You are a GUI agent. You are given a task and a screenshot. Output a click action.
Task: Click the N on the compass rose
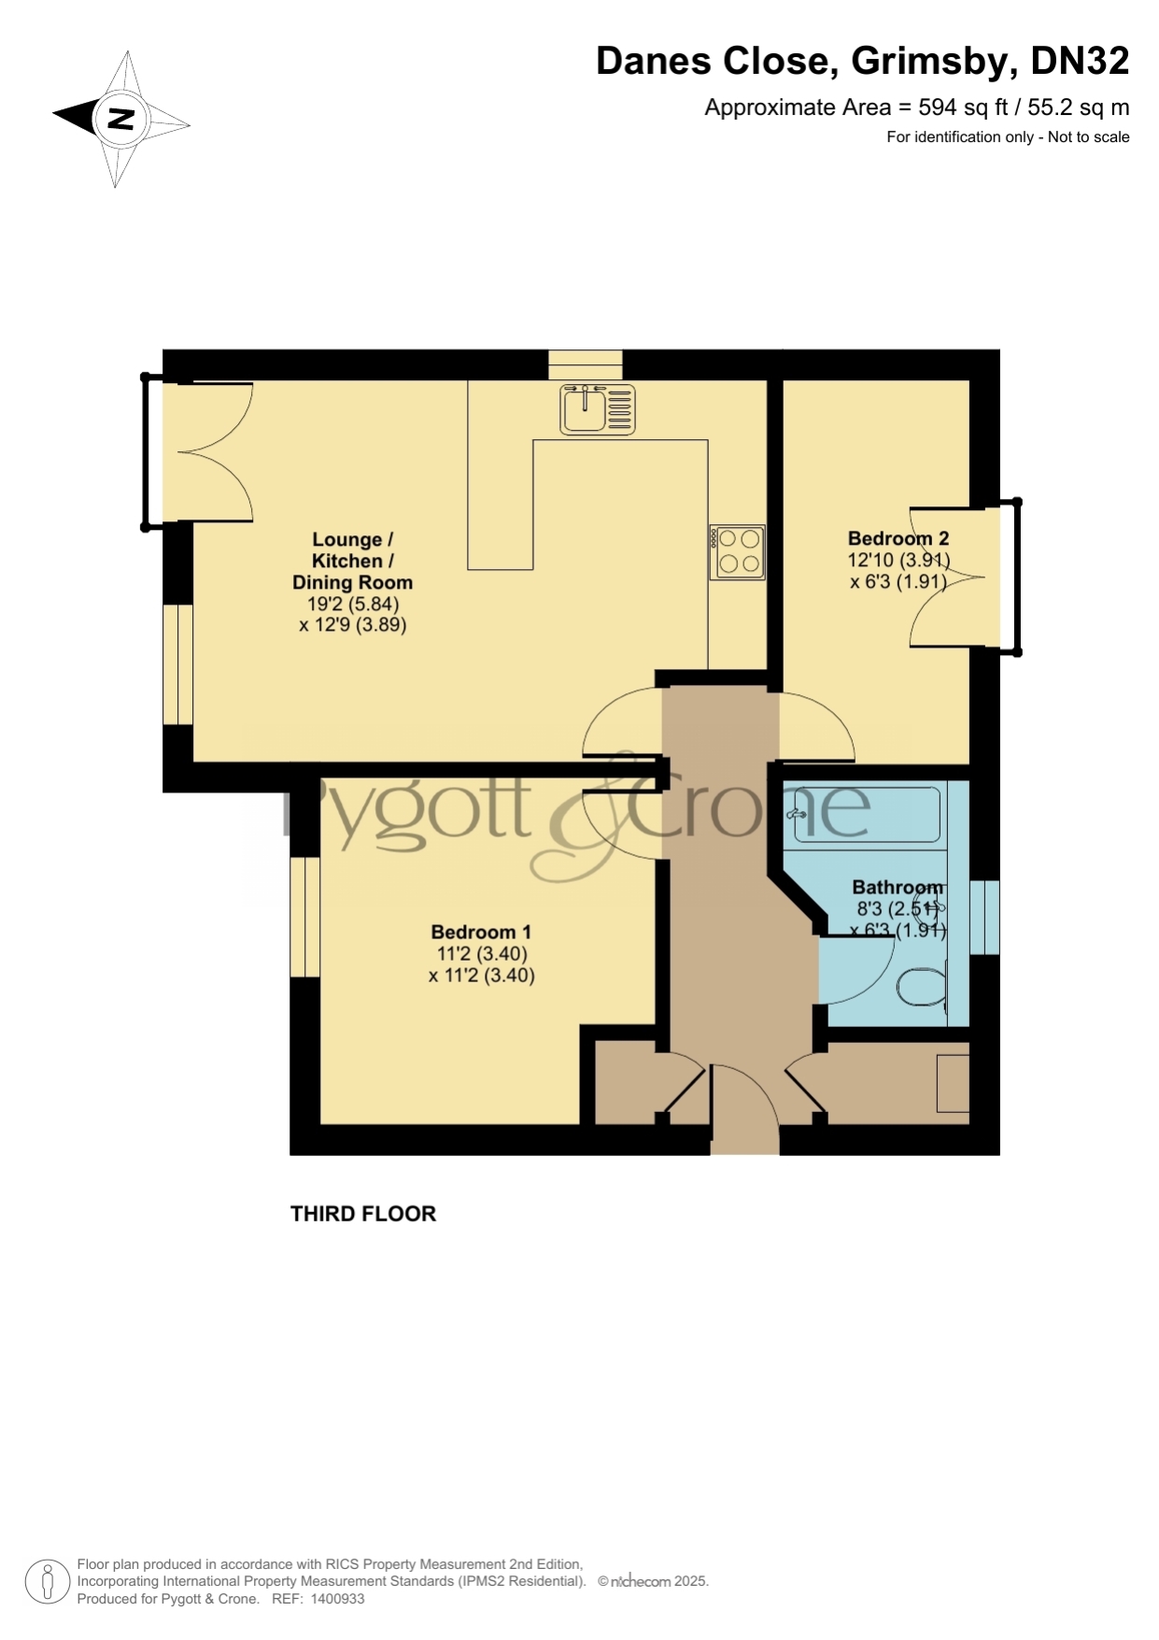point(120,119)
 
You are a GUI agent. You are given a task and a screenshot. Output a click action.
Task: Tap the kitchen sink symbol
point(598,409)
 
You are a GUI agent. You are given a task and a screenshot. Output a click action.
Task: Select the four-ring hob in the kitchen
point(738,551)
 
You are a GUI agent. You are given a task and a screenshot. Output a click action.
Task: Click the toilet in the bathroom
point(923,987)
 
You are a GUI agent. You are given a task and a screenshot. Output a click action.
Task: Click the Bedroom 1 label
point(481,932)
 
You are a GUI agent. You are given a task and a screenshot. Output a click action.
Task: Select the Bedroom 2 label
point(898,538)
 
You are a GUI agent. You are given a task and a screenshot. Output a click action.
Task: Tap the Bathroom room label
point(898,887)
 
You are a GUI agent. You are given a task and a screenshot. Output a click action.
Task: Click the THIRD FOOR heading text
point(363,1214)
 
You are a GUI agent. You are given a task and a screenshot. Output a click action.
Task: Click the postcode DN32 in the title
point(1080,61)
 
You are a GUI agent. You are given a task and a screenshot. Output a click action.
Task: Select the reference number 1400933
point(337,1599)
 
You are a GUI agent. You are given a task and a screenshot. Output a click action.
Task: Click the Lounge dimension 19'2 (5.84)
point(353,604)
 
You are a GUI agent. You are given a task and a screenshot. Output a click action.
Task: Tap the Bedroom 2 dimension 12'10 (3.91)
point(898,561)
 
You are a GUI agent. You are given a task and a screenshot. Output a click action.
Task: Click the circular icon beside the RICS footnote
point(47,1582)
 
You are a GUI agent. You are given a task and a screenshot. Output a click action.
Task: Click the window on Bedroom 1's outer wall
point(305,917)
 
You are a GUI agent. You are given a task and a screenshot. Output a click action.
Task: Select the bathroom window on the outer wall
point(984,917)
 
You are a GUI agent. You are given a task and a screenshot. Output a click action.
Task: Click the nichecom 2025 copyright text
point(654,1581)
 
